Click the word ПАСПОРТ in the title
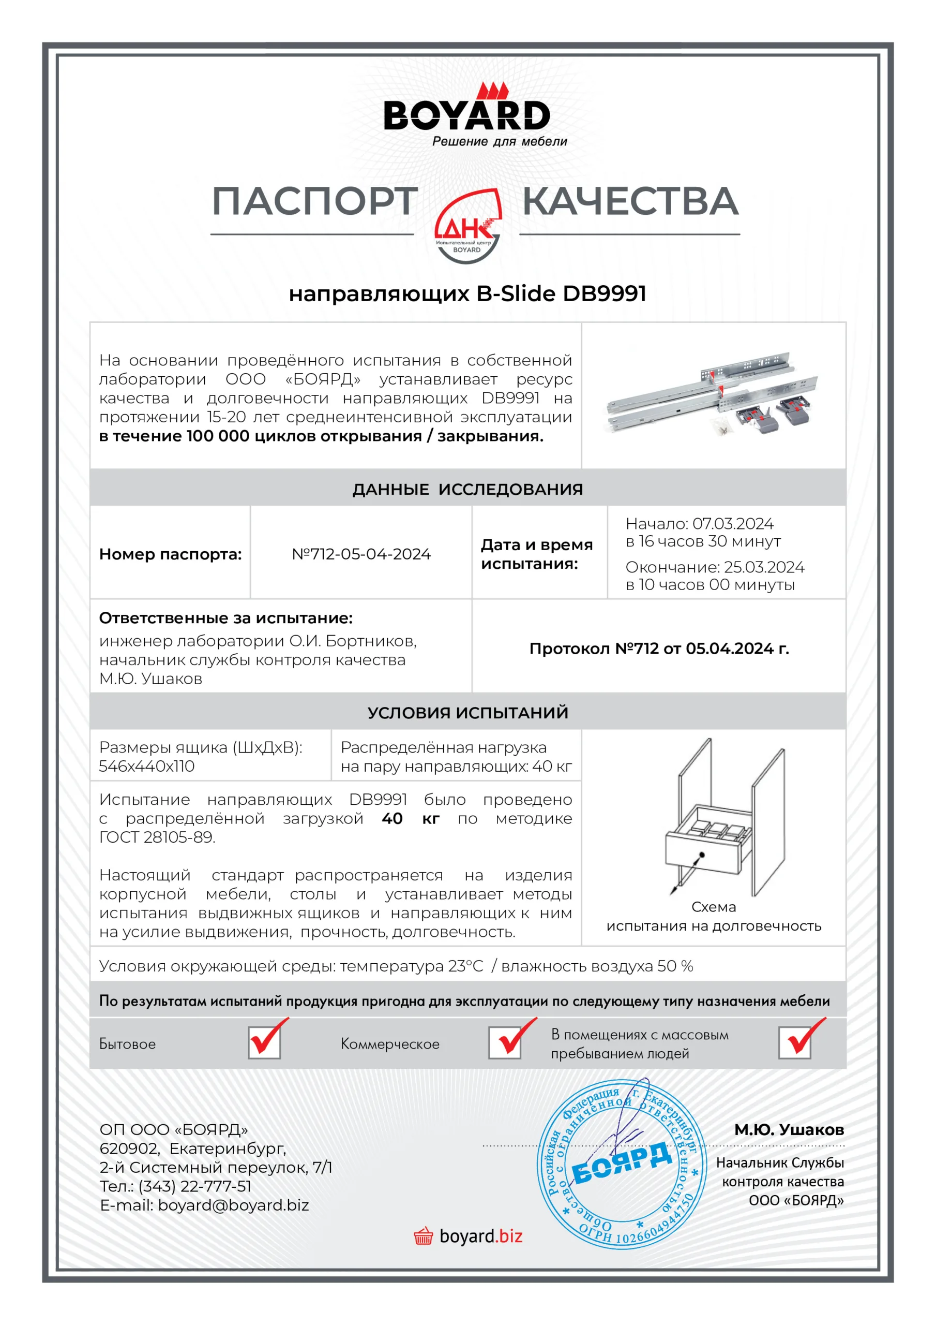coord(315,201)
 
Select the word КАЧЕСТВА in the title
coord(630,201)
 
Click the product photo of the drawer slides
coord(714,395)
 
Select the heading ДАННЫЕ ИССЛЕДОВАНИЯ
coord(467,490)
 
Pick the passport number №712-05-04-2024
coord(361,554)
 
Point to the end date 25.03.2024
coord(764,567)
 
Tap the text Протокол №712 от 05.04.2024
coord(659,649)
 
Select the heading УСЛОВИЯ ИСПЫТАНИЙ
coord(467,713)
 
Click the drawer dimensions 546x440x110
coord(147,767)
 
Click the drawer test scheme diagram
coord(724,819)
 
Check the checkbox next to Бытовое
coord(265,1043)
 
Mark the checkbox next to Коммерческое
coord(505,1043)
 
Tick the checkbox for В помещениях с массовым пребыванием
coord(795,1043)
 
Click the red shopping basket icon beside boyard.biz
coord(424,1236)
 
